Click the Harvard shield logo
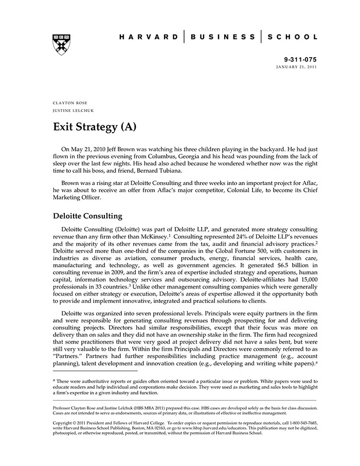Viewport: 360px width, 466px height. (x=61, y=45)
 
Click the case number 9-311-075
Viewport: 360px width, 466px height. (x=301, y=60)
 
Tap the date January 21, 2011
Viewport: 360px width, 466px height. (x=297, y=67)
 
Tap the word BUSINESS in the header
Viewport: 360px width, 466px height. (x=223, y=37)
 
